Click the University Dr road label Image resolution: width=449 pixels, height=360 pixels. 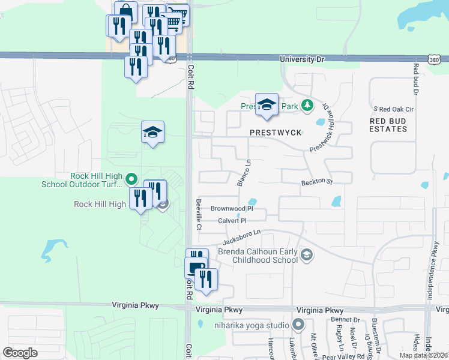coord(303,59)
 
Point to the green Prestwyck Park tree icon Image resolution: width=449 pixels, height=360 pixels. coord(307,106)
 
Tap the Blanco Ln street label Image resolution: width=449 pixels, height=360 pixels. coord(243,172)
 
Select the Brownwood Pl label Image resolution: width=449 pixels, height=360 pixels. coord(232,209)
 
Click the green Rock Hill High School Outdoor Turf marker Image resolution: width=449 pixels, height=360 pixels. coord(132,179)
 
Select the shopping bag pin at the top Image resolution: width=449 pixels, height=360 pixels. coord(125,11)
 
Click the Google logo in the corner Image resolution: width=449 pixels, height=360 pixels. coord(20,353)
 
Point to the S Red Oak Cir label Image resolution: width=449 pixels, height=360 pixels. coord(393,109)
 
